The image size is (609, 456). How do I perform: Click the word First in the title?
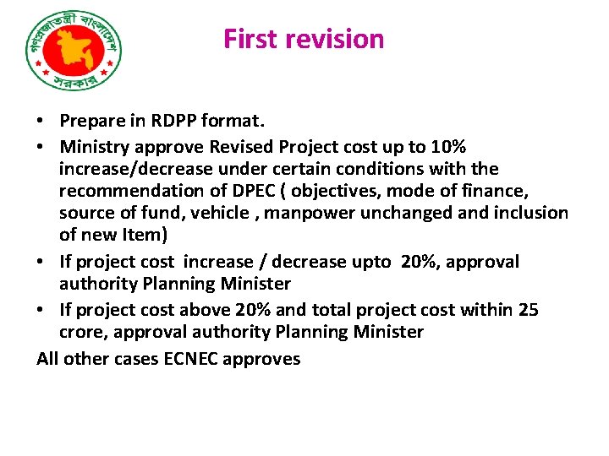[x=250, y=39]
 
